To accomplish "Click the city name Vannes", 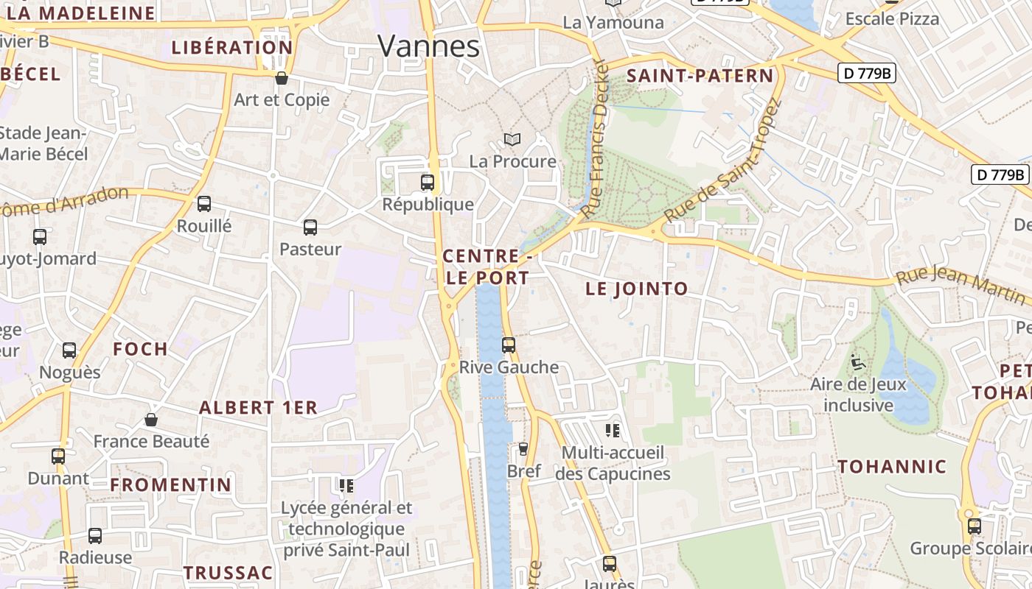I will click(x=428, y=46).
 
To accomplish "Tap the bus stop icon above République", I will click(x=428, y=182).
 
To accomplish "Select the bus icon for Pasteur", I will click(x=310, y=228).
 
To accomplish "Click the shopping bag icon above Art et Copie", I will click(x=281, y=78).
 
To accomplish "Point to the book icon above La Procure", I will click(x=512, y=139).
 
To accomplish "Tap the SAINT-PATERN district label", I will click(x=700, y=76).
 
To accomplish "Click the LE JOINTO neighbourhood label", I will click(x=637, y=289).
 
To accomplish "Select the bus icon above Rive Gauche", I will click(x=509, y=345).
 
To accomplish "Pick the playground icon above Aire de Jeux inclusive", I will click(x=857, y=362).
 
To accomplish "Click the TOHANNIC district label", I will click(x=892, y=467).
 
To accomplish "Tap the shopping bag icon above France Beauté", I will click(x=151, y=420).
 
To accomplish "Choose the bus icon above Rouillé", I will click(x=204, y=204).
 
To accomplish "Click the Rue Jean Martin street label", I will click(x=960, y=286).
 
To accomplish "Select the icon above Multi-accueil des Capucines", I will click(x=612, y=430).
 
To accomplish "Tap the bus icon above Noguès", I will click(x=69, y=350).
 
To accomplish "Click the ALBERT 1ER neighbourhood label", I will click(x=258, y=408).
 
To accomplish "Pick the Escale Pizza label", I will click(x=892, y=19).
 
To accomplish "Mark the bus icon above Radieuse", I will click(x=95, y=535).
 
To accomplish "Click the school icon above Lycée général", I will click(x=346, y=485).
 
